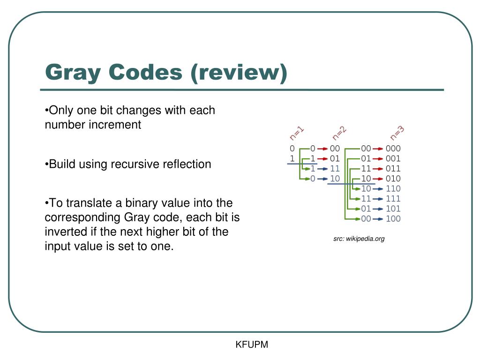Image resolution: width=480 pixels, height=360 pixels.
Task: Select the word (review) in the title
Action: pos(239,73)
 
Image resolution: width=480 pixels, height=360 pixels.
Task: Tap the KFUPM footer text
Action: pos(252,345)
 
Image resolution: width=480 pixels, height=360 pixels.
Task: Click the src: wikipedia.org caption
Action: pos(359,239)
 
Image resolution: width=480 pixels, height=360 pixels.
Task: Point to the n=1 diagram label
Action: pos(297,133)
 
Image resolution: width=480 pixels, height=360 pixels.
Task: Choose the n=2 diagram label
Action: pos(339,133)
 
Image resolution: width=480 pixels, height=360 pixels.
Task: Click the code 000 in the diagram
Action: pos(393,149)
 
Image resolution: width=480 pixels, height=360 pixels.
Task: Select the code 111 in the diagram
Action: pos(393,199)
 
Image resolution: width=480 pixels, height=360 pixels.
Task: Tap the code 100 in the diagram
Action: pos(393,219)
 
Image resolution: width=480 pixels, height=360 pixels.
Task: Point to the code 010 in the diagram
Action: pos(393,179)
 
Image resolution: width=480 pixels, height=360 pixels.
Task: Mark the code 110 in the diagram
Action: pos(393,188)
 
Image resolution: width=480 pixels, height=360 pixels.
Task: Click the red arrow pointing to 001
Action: pos(378,158)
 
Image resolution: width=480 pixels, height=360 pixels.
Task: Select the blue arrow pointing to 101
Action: pos(378,209)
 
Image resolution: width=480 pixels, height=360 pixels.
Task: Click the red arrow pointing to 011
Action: pos(378,169)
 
